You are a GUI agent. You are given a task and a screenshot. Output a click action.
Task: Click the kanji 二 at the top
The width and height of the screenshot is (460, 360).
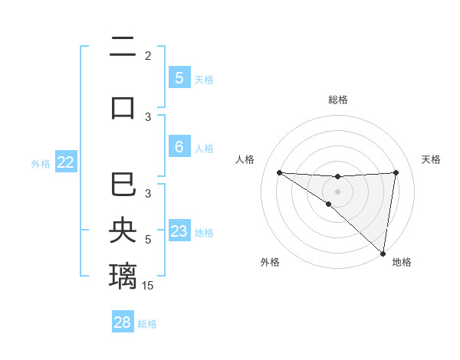coord(123,48)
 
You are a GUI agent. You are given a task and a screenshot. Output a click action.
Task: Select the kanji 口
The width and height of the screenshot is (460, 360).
coord(123,106)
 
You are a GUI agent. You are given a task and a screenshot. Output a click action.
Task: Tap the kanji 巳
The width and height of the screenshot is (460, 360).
coord(123,186)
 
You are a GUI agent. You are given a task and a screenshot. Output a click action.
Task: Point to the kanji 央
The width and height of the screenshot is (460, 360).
coord(123,231)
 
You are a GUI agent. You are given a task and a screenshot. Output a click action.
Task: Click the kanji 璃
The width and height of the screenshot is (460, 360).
coord(123,275)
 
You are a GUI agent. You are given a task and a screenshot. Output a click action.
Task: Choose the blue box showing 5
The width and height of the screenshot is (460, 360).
coord(179,77)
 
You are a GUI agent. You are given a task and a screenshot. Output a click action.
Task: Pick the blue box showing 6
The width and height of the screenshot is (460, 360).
coord(179,147)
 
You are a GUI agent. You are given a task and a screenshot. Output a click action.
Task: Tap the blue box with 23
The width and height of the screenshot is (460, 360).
coord(179,231)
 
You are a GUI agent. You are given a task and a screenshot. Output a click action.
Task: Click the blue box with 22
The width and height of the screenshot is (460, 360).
coord(66,162)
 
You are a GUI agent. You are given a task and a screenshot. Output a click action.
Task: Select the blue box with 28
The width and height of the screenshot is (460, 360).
coord(123,322)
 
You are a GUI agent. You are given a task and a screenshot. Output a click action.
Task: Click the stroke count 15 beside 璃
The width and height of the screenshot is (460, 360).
coord(149,286)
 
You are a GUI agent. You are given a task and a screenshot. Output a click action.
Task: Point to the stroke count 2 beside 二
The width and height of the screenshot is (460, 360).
coord(148,56)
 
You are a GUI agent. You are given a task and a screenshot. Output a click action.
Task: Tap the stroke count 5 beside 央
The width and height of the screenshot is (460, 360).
coord(148,240)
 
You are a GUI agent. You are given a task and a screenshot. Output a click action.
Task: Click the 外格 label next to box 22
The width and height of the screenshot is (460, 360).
coord(41,163)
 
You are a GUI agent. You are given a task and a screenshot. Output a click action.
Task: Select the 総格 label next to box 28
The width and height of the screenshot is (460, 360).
coord(148,324)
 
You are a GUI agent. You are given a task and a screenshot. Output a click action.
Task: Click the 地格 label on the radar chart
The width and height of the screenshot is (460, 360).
coord(402,262)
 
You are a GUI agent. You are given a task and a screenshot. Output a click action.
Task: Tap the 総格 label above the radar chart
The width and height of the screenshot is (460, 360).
coord(337,100)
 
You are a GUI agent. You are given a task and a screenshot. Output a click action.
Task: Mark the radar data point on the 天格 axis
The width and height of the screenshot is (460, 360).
coord(396,172)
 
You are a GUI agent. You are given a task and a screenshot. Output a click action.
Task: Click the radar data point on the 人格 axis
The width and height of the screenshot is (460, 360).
coord(279,172)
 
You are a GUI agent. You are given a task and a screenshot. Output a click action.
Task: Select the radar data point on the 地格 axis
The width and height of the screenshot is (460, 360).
coord(383,253)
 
